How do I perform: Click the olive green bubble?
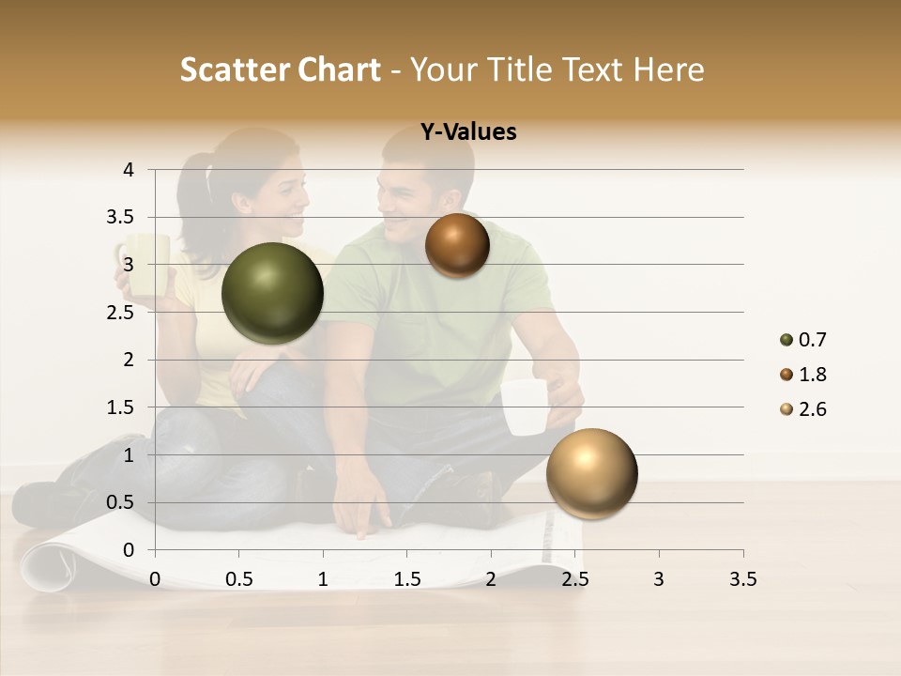(272, 293)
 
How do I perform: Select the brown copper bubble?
(457, 245)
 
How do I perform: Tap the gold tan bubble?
(591, 473)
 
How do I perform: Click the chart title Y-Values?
(468, 132)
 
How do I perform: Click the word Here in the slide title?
(667, 69)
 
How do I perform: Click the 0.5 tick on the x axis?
(238, 579)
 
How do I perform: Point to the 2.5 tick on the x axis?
(574, 579)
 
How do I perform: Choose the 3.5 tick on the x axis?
(742, 579)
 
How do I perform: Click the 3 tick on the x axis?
(659, 579)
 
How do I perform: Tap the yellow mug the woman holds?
(145, 262)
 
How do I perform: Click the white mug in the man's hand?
(523, 407)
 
